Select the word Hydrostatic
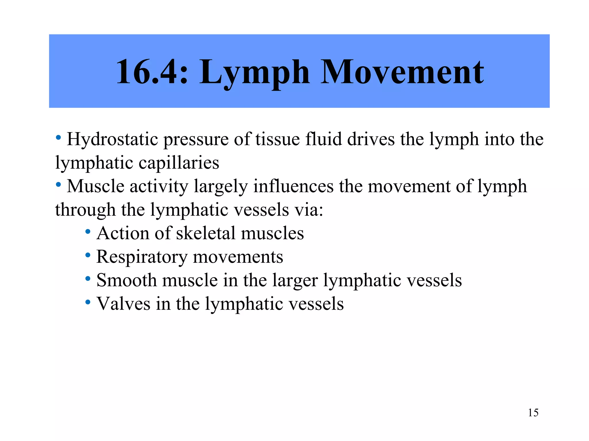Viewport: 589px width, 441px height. tap(112, 140)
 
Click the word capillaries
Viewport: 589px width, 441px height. tap(179, 163)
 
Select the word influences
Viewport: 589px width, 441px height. tap(293, 186)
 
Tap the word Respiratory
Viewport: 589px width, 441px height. tap(142, 257)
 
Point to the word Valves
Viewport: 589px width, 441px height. tap(123, 304)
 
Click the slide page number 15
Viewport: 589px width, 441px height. tap(533, 413)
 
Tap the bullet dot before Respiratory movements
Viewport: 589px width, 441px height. tap(88, 255)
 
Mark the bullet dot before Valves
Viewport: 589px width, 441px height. tap(88, 302)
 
